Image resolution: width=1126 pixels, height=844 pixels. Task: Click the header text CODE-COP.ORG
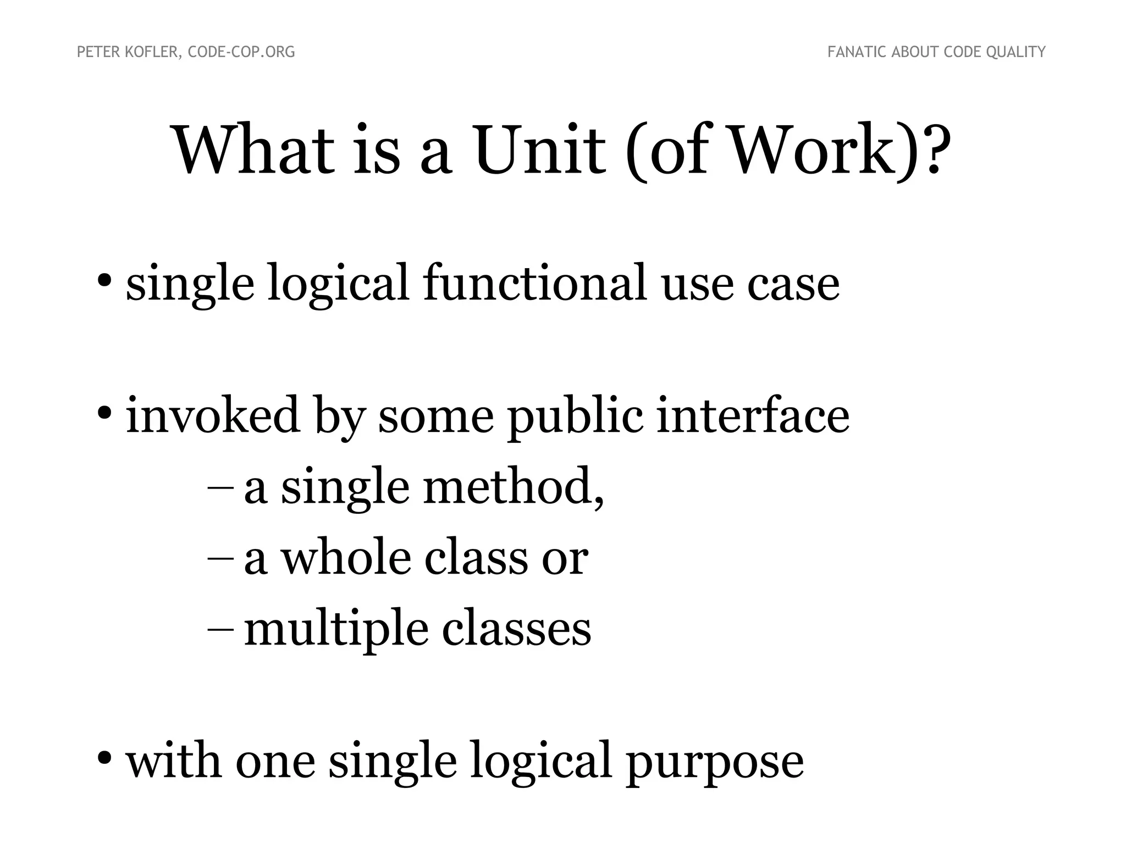coord(241,52)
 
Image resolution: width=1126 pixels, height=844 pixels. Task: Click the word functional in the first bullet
coord(535,282)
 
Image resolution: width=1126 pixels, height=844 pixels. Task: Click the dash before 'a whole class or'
coord(220,558)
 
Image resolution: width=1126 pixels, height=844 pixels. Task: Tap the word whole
coord(346,558)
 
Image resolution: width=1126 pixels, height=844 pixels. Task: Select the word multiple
coord(336,630)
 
